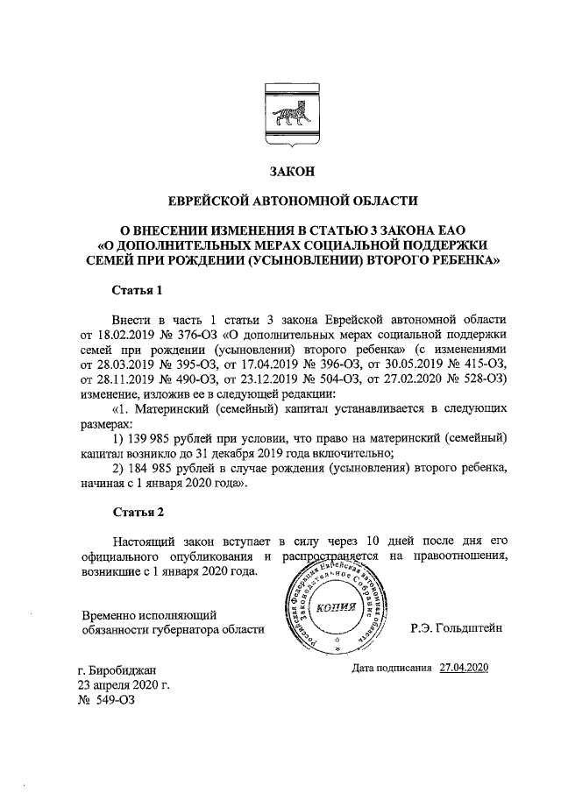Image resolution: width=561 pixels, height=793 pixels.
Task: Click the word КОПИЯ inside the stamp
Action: pos(335,609)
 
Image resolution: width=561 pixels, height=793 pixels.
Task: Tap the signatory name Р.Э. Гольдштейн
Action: pos(457,628)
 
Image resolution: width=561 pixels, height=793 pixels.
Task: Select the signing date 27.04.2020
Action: pos(464,668)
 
